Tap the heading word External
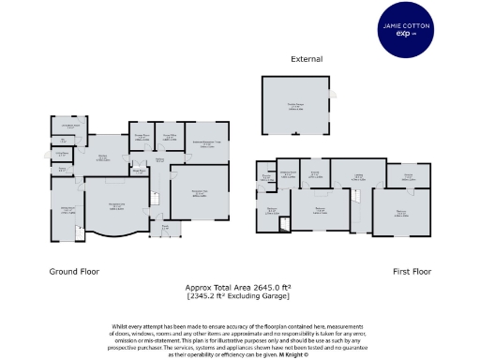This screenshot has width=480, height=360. click(306, 59)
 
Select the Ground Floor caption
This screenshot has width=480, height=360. click(75, 271)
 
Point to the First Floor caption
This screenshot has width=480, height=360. click(411, 271)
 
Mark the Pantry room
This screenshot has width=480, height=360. click(62, 170)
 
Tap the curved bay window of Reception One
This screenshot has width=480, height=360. click(117, 234)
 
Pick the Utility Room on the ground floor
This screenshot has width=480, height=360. click(62, 154)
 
